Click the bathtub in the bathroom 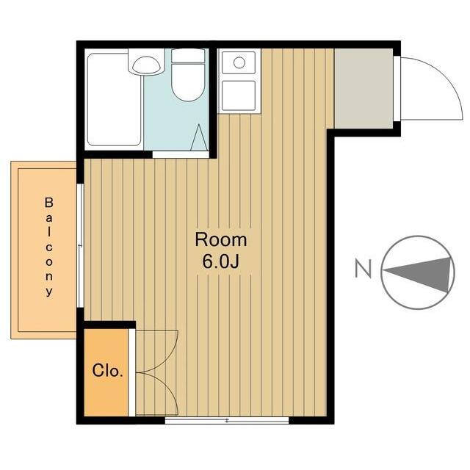[114, 99]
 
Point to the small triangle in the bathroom [198, 137]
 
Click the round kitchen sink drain [239, 62]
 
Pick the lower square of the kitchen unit [238, 95]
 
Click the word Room [220, 239]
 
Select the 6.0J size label [220, 262]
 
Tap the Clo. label [108, 370]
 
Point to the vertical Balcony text [49, 246]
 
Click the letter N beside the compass [362, 270]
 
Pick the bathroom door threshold [181, 154]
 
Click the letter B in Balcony [49, 201]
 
